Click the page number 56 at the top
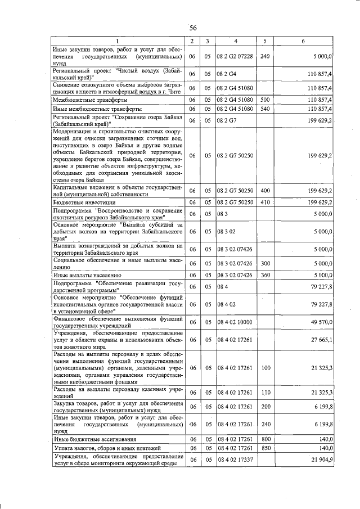tap(193, 28)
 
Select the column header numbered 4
tap(236, 42)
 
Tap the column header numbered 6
tap(303, 42)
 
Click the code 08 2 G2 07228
tap(235, 57)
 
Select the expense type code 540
tap(265, 108)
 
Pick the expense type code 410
tap(265, 202)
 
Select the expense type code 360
tap(265, 275)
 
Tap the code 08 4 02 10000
tap(235, 322)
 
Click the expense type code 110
tap(265, 392)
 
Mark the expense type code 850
tap(265, 448)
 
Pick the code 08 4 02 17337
tap(235, 460)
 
